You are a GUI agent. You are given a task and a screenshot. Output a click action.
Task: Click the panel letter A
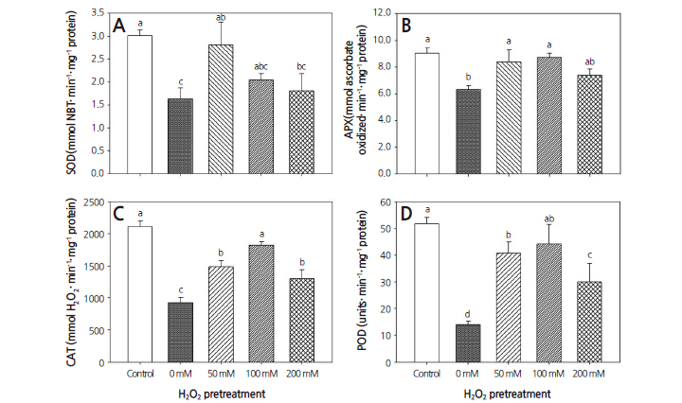[120, 26]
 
